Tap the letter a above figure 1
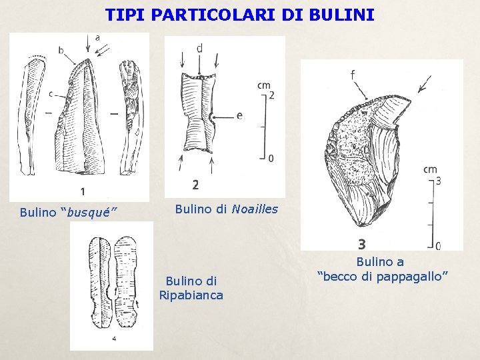[x=98, y=38]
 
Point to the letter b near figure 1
[x=61, y=50]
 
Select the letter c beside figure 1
[x=51, y=94]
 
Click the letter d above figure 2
[x=200, y=48]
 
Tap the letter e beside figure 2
[x=239, y=115]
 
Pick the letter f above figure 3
[x=352, y=75]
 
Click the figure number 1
[x=82, y=191]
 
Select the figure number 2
[x=195, y=185]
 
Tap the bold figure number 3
[x=361, y=245]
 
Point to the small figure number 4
[x=114, y=339]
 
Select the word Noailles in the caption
[x=255, y=209]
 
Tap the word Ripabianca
[x=191, y=295]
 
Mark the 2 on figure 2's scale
[x=271, y=95]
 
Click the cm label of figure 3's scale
[x=430, y=170]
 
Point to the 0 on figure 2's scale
[x=270, y=158]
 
